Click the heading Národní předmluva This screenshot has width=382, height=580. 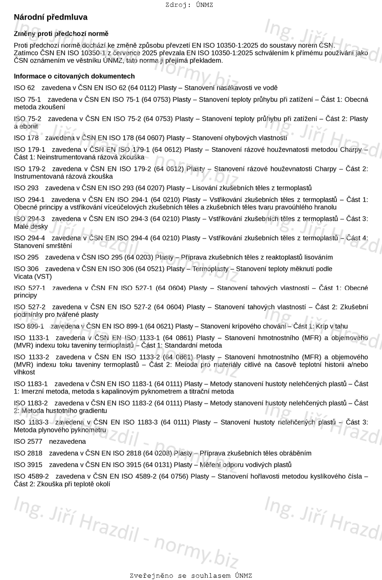[50, 17]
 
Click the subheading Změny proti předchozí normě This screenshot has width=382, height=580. [61, 34]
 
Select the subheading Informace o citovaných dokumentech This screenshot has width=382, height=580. [74, 76]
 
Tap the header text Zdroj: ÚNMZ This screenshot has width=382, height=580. [189, 5]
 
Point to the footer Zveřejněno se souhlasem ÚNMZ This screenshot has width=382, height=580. [191, 576]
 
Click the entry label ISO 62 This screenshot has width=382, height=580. [24, 88]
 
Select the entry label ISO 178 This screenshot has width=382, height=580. [26, 138]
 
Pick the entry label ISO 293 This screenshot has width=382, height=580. [26, 188]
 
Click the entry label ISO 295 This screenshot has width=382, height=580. [26, 257]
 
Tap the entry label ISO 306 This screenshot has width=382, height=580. [26, 269]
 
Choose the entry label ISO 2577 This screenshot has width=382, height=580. [28, 442]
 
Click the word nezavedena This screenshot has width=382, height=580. [67, 442]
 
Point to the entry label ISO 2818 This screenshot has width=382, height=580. [28, 453]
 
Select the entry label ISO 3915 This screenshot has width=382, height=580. [28, 465]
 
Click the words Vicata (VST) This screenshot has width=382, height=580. [33, 277]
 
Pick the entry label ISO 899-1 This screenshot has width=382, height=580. [29, 326]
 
